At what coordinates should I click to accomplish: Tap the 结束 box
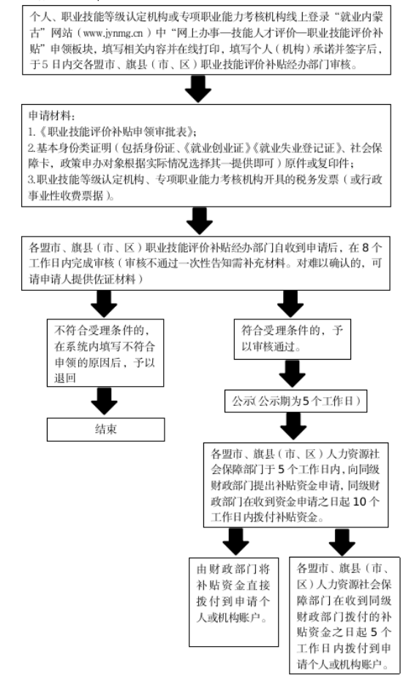point(105,429)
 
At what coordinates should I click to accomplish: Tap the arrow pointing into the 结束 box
point(105,400)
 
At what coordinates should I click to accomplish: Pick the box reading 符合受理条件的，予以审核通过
point(293,336)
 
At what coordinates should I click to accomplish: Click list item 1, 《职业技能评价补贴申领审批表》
point(113,132)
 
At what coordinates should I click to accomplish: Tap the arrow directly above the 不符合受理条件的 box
point(105,301)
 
